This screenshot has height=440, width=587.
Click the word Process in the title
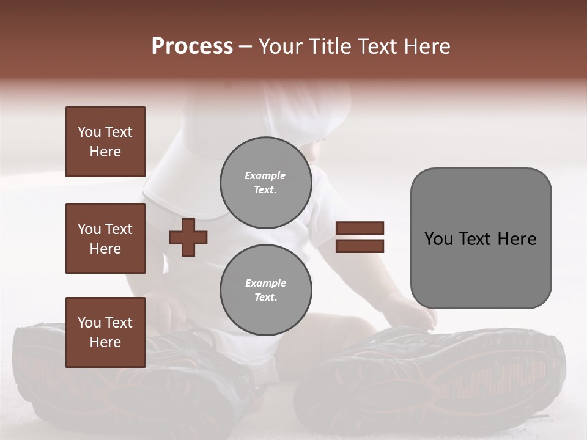click(192, 46)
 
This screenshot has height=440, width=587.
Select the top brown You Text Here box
click(105, 142)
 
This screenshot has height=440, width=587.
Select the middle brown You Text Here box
click(105, 238)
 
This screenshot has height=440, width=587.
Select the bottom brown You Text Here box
click(105, 332)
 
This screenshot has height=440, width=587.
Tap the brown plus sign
click(188, 237)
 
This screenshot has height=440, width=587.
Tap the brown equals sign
click(360, 237)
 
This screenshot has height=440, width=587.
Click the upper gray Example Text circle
click(265, 183)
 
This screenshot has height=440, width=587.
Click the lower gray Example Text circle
click(265, 290)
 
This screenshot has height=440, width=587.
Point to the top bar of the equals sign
click(360, 229)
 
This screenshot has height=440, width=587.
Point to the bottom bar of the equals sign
click(360, 246)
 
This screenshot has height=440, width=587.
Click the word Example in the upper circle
click(265, 175)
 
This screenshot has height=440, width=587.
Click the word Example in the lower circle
click(265, 283)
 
